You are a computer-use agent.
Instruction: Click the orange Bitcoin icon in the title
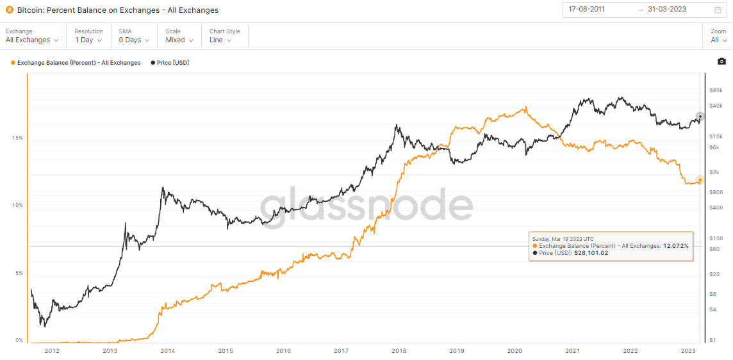click(10, 10)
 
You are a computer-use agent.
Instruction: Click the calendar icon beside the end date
click(718, 10)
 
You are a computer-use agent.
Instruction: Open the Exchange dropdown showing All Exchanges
click(32, 40)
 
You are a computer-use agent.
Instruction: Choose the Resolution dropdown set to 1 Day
click(88, 40)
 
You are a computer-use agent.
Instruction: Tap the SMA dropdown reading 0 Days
click(134, 40)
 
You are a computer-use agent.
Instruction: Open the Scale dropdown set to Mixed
click(179, 40)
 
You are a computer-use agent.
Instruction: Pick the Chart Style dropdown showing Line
click(220, 40)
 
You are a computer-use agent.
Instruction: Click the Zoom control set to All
click(718, 40)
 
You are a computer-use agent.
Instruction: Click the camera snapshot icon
click(721, 61)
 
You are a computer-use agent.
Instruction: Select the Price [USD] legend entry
click(170, 63)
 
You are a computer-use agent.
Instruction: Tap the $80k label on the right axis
click(716, 90)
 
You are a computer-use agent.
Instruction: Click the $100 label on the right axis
click(716, 238)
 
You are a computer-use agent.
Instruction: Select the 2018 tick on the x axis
click(399, 350)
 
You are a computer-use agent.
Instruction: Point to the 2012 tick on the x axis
click(52, 350)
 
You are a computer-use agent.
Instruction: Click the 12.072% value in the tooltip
click(675, 246)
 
